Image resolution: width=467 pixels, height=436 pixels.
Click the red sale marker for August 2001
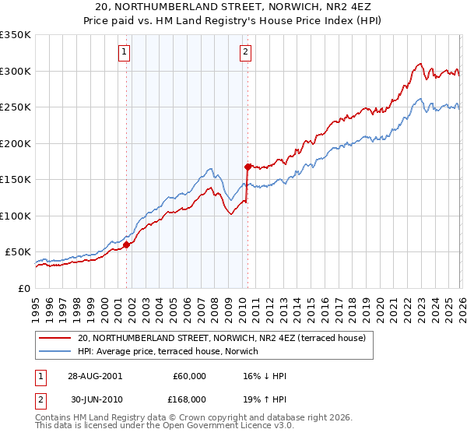(126, 244)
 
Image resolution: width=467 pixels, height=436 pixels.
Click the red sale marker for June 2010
(248, 167)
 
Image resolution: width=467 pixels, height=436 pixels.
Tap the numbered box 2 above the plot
(245, 52)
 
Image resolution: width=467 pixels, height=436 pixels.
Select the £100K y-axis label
(15, 216)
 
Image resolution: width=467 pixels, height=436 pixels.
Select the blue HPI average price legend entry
(204, 351)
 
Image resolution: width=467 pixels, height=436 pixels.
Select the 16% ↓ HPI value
(264, 376)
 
